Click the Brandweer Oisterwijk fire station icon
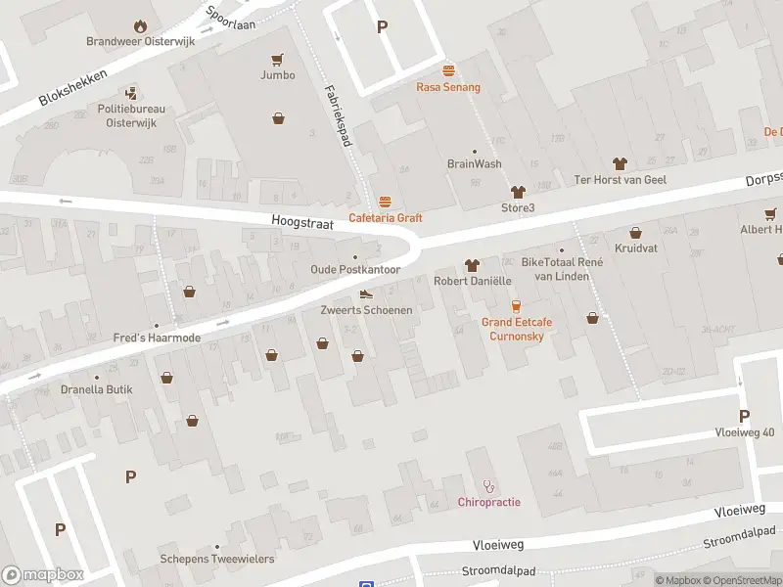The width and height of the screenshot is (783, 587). pyautogui.click(x=140, y=25)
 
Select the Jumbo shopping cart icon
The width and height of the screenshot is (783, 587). pyautogui.click(x=278, y=59)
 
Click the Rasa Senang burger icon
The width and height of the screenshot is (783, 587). pyautogui.click(x=448, y=70)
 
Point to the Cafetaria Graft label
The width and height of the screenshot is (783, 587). pyautogui.click(x=386, y=218)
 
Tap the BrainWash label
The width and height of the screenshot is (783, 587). pyautogui.click(x=475, y=164)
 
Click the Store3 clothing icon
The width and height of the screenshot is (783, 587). pyautogui.click(x=518, y=192)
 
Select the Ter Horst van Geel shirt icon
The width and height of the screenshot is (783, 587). pyautogui.click(x=619, y=163)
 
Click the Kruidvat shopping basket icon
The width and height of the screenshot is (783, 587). pyautogui.click(x=636, y=233)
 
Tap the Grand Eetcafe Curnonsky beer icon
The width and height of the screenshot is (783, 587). pyautogui.click(x=516, y=306)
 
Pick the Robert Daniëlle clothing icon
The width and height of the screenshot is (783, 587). pyautogui.click(x=473, y=265)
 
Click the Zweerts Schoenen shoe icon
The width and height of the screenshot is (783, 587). pyautogui.click(x=366, y=294)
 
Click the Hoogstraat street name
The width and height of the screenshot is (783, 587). pyautogui.click(x=302, y=224)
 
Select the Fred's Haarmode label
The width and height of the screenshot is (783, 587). pyautogui.click(x=157, y=338)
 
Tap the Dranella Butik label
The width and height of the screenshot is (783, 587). pyautogui.click(x=96, y=389)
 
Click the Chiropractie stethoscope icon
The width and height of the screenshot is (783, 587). pyautogui.click(x=489, y=485)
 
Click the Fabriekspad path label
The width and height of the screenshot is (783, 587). pyautogui.click(x=339, y=114)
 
